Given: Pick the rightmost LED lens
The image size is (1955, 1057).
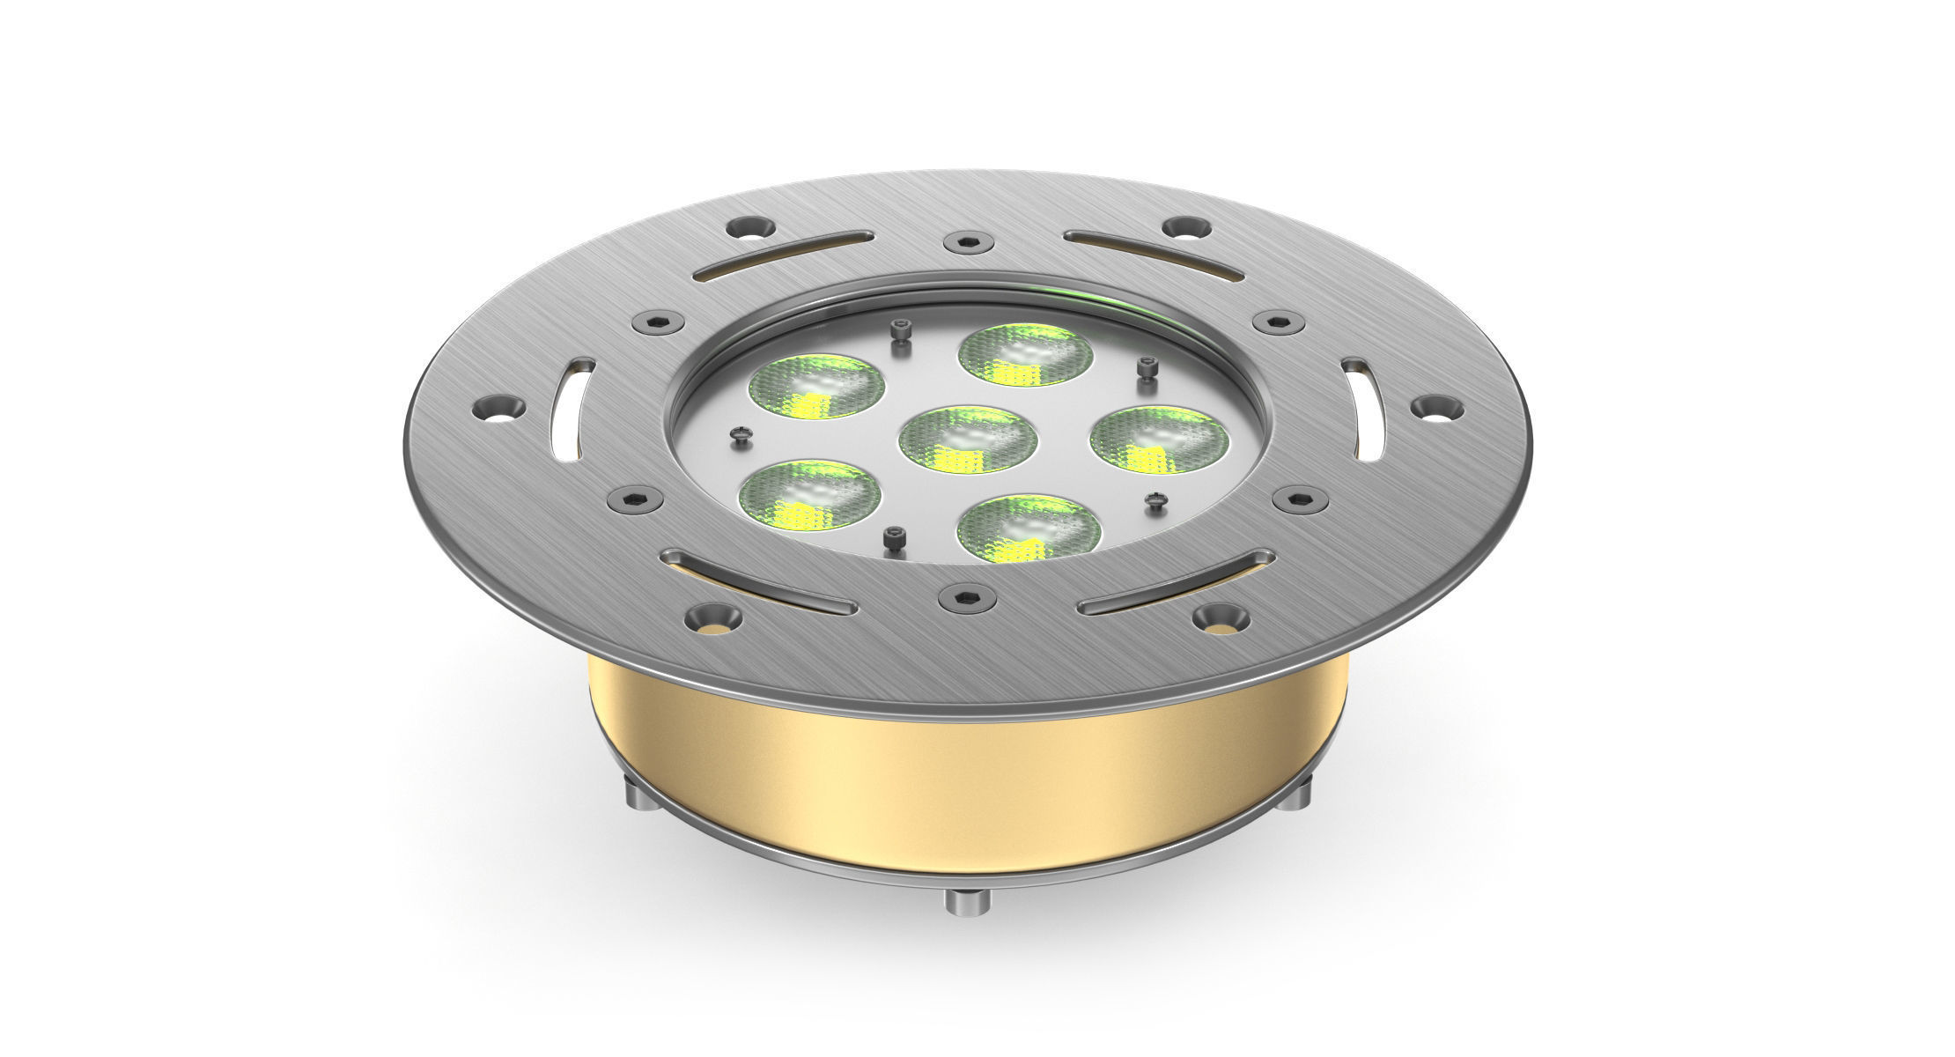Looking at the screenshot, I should pyautogui.click(x=1159, y=439).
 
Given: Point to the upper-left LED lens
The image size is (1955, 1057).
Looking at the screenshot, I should pyautogui.click(x=816, y=386).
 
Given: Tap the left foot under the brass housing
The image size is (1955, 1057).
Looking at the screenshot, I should pyautogui.click(x=644, y=794).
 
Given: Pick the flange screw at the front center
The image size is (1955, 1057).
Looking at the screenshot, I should pyautogui.click(x=966, y=598).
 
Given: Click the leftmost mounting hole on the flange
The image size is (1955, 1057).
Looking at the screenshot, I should pyautogui.click(x=499, y=409).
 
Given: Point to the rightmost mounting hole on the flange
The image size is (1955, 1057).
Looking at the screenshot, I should pyautogui.click(x=1437, y=407).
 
